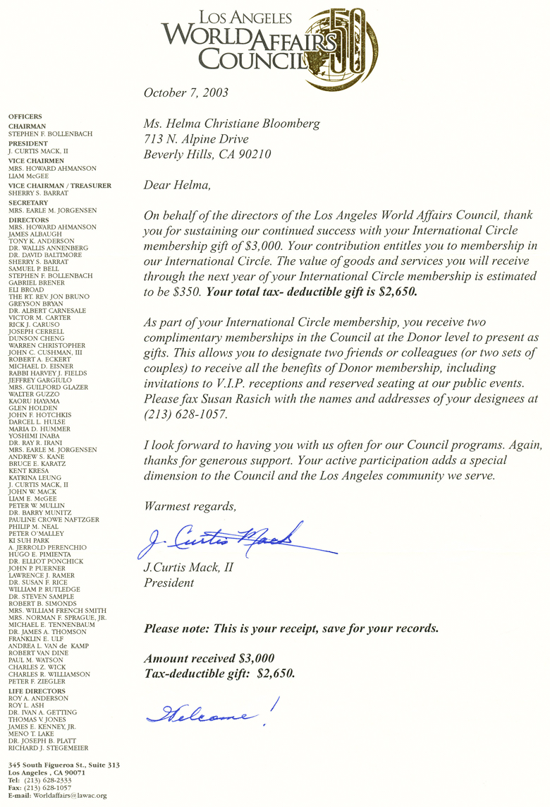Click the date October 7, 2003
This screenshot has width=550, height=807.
tap(185, 92)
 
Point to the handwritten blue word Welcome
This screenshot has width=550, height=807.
tap(208, 715)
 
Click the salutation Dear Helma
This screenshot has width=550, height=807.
tap(176, 185)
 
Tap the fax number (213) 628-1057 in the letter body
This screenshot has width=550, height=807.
tap(186, 415)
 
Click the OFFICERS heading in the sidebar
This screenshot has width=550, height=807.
tap(25, 116)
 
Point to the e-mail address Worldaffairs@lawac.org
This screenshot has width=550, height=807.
tap(71, 796)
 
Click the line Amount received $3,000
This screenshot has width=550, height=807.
tap(209, 658)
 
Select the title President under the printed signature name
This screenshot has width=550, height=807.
tap(169, 583)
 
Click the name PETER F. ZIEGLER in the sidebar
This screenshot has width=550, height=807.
tap(37, 681)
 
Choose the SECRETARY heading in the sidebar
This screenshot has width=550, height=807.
tap(28, 202)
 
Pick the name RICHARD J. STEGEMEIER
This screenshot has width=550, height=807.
tap(49, 748)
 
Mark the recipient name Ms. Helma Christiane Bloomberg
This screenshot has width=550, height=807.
tap(231, 124)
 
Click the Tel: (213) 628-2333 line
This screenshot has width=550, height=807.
tap(47, 780)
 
